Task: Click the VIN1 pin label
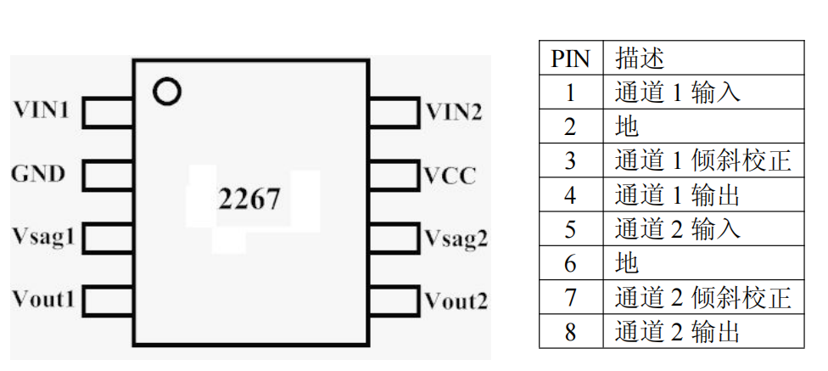pos(41,110)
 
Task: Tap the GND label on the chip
pos(38,174)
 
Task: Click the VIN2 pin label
pos(454,110)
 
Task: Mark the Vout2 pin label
pos(456,301)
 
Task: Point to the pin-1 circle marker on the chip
pos(168,91)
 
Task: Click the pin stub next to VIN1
pos(108,110)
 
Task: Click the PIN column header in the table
pos(570,59)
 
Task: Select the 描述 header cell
pos(639,59)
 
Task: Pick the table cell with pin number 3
pos(570,161)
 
